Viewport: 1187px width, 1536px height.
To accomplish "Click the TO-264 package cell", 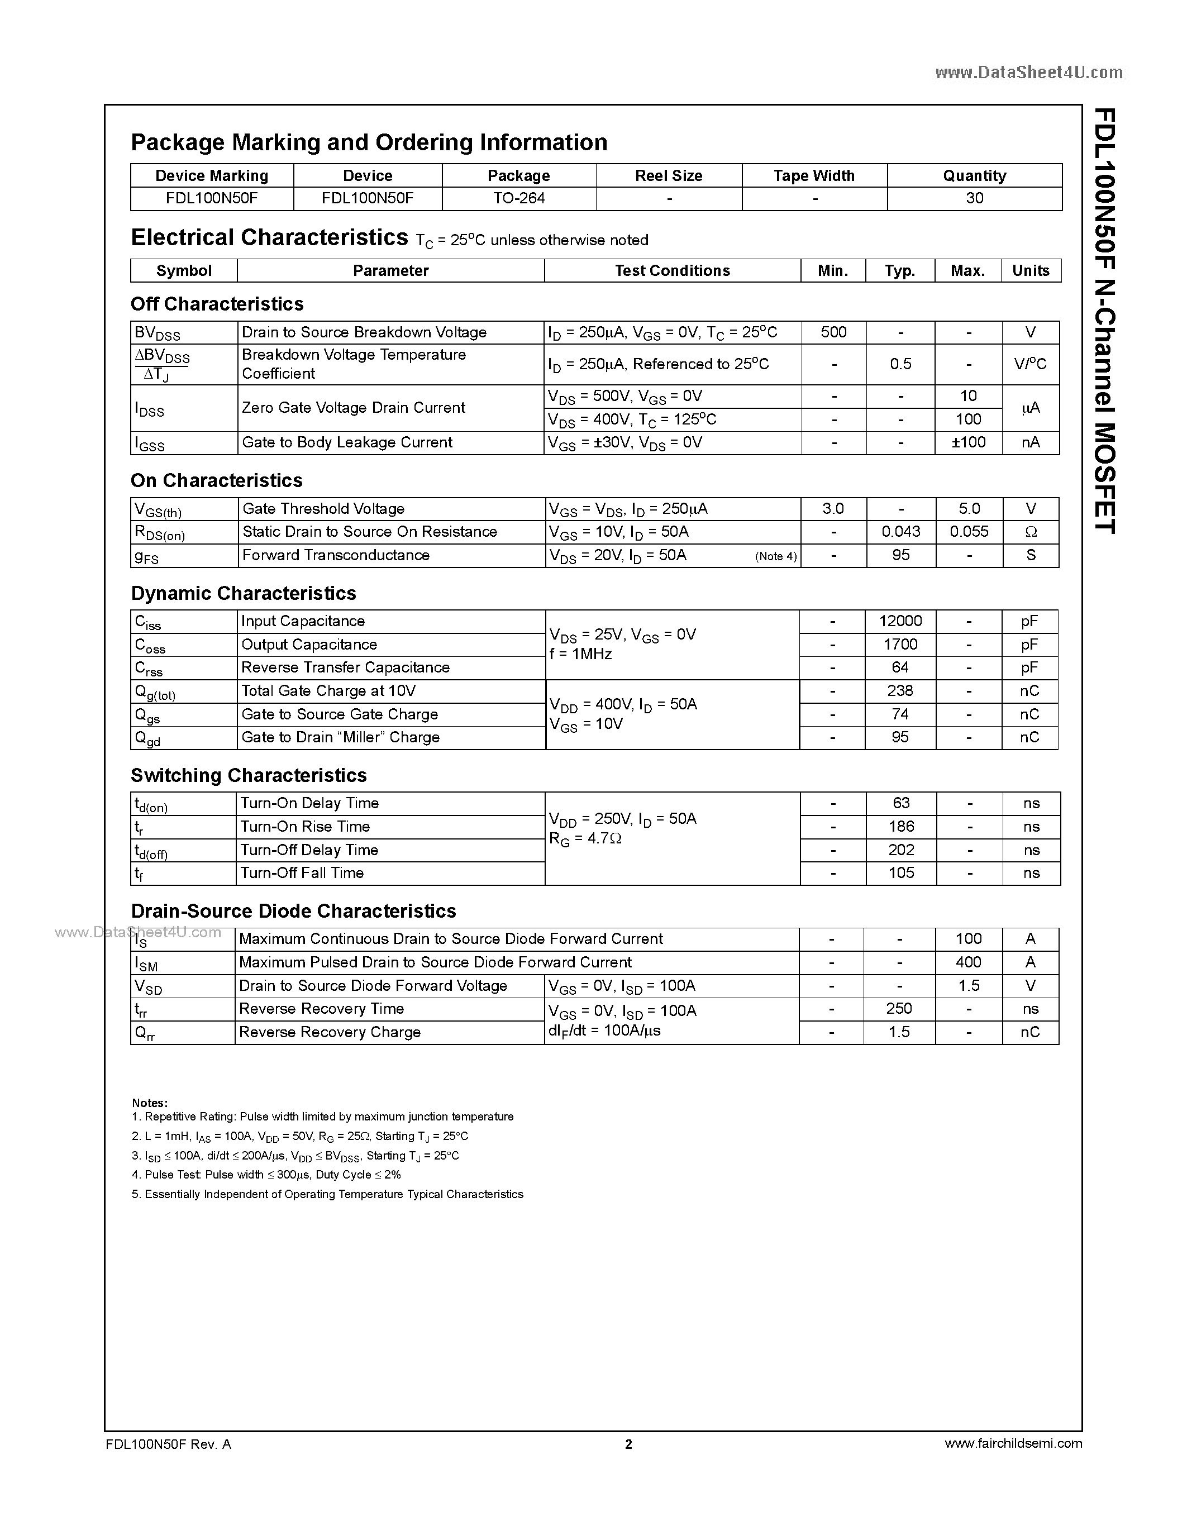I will tap(519, 198).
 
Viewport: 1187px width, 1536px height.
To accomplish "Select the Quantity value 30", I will tap(974, 198).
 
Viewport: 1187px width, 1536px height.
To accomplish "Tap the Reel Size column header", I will tap(668, 176).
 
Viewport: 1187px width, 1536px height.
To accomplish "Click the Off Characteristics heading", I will tap(217, 304).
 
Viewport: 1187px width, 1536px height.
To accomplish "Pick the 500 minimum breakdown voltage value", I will tap(833, 332).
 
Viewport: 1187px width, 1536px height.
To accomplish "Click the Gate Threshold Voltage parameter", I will tap(323, 508).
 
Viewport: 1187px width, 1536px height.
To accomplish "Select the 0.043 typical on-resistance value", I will tap(901, 532).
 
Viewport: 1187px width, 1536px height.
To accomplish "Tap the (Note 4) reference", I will tap(776, 556).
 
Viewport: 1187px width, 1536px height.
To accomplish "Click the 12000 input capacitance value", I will tap(900, 621).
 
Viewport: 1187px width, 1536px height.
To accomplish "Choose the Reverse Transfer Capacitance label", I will tap(345, 667).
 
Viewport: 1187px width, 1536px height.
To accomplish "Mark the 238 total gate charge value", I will tap(900, 690).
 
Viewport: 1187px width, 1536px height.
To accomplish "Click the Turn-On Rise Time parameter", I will tap(305, 827).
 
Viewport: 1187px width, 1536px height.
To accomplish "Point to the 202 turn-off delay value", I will tap(901, 850).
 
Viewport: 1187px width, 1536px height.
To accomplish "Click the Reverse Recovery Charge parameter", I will tap(330, 1032).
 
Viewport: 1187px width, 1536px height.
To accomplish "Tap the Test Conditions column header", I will tap(672, 271).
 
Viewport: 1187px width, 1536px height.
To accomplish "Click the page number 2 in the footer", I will tap(628, 1444).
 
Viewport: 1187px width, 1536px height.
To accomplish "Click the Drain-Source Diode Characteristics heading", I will tap(293, 911).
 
